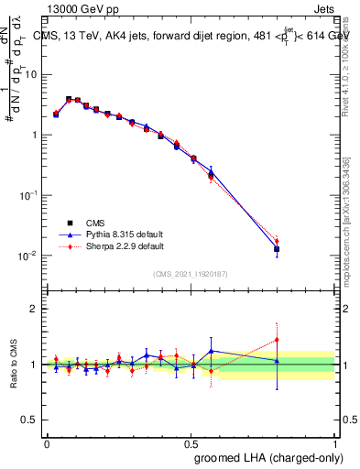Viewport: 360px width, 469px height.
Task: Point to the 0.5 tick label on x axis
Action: click(191, 442)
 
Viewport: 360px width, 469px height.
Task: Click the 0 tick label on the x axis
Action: click(47, 442)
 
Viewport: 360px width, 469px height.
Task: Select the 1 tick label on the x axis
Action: click(336, 442)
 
